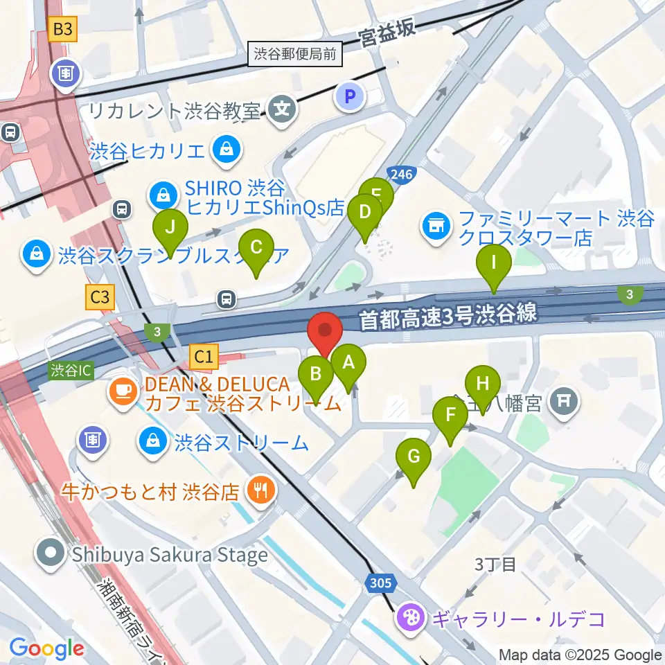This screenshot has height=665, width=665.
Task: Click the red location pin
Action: coord(325,331)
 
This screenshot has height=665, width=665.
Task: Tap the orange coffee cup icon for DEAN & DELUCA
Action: coord(123,391)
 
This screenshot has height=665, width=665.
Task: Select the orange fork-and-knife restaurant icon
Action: coord(262,491)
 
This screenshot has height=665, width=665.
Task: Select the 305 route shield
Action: coord(379,583)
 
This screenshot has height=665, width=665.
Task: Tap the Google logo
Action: coord(46,648)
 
